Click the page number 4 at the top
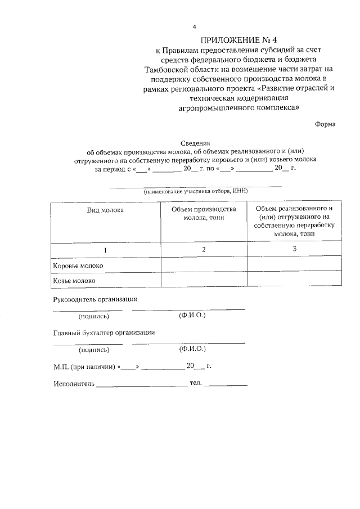point(194,27)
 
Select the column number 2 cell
point(204,249)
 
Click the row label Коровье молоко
point(78,265)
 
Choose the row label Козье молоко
point(74,280)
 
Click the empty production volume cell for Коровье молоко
point(204,265)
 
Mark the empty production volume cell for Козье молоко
point(204,279)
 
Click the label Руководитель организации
point(95,299)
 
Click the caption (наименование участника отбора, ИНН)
point(195,191)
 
